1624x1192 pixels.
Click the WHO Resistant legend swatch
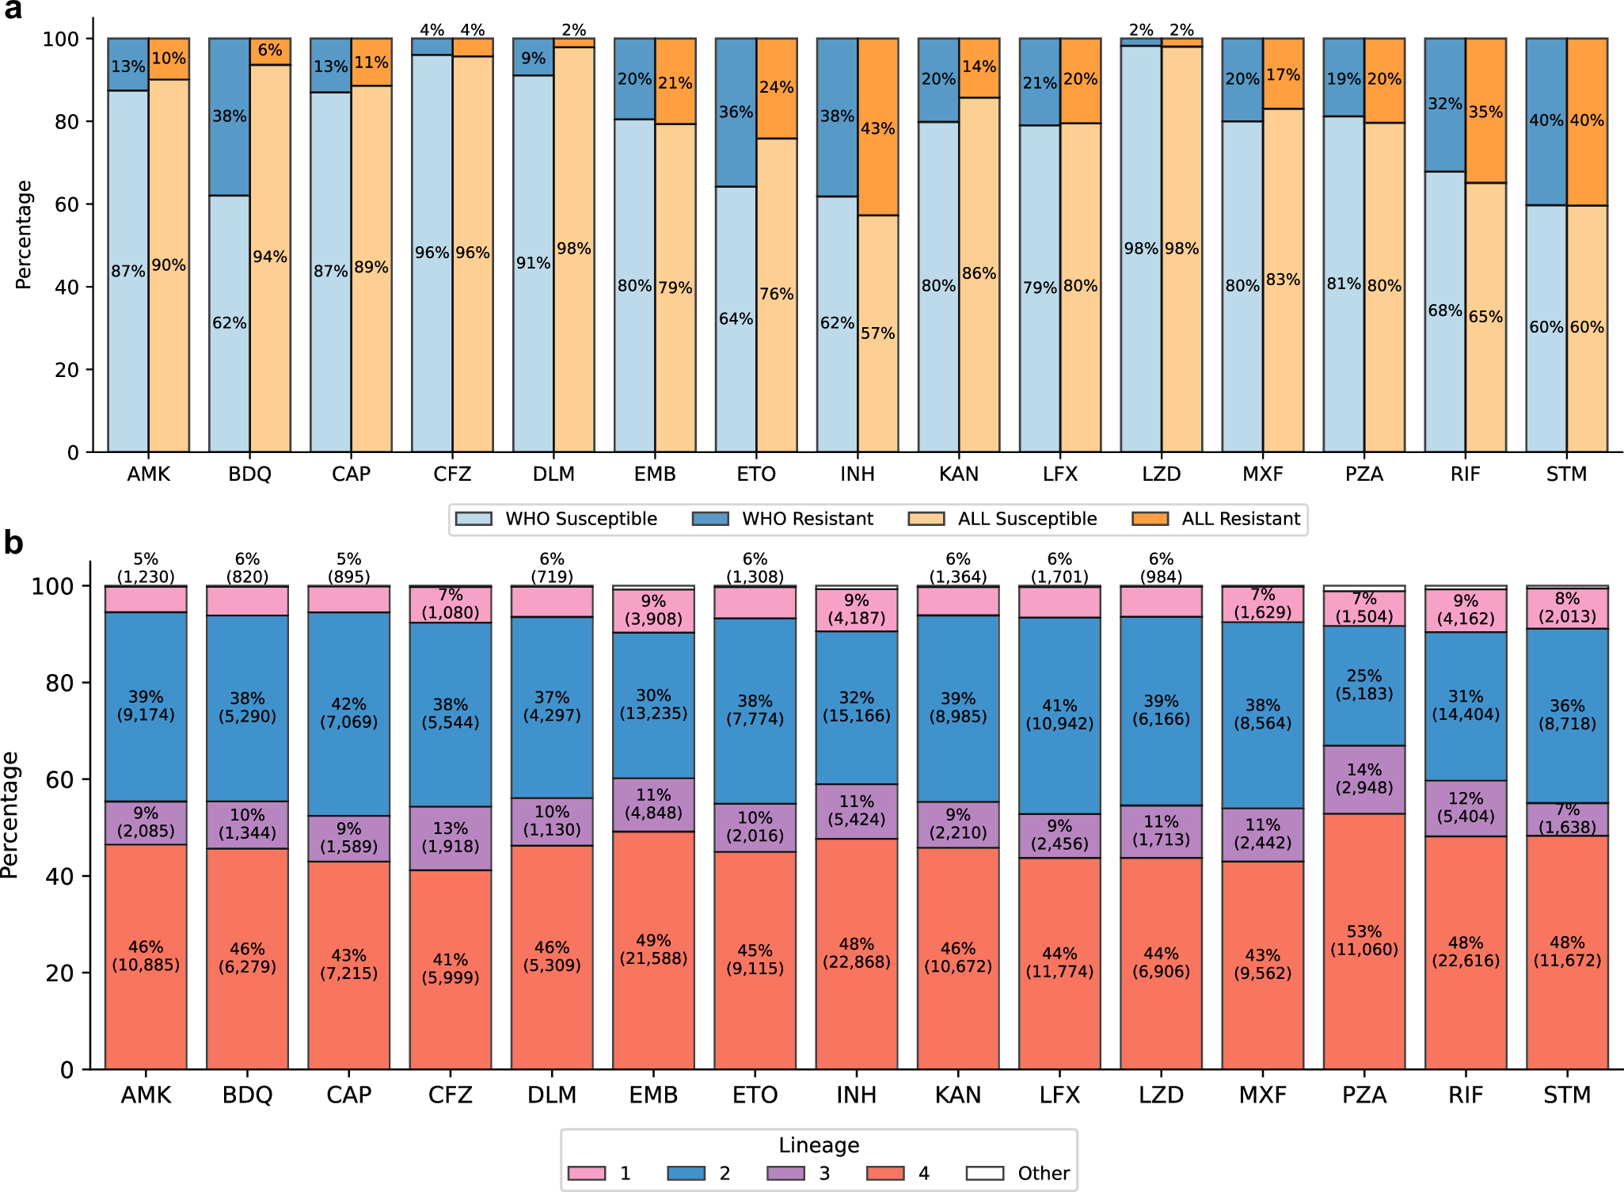coord(710,519)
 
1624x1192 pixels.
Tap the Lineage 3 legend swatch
coord(785,1173)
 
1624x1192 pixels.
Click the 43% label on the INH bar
coord(877,128)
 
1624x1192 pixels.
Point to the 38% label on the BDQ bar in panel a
coord(230,116)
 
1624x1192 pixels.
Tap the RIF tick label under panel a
coord(1465,474)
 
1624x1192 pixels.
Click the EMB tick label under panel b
coord(653,1095)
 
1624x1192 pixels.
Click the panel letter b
coord(13,543)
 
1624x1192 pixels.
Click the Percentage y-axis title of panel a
coord(24,235)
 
